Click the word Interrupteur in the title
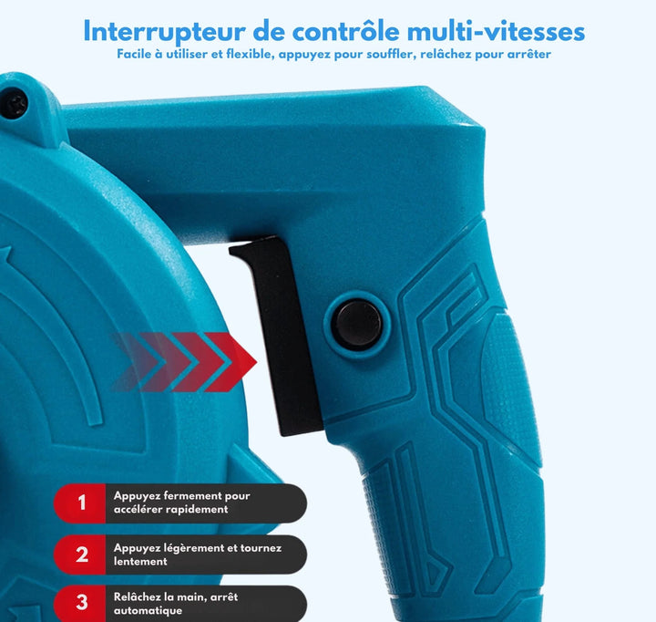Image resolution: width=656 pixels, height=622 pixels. pyautogui.click(x=164, y=32)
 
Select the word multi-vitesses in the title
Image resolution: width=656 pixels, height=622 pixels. pyautogui.click(x=496, y=31)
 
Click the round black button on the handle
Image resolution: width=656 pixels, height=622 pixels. pyautogui.click(x=356, y=324)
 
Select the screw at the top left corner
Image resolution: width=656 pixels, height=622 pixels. pyautogui.click(x=14, y=104)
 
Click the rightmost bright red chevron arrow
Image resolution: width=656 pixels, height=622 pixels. pyautogui.click(x=233, y=362)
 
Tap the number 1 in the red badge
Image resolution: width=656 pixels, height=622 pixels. pyautogui.click(x=82, y=503)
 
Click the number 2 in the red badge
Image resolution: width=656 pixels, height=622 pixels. pyautogui.click(x=82, y=555)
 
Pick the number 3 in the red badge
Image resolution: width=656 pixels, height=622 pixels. pyautogui.click(x=82, y=602)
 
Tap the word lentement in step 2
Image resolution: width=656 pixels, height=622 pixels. pyautogui.click(x=140, y=561)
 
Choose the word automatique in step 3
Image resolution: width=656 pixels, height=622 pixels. pyautogui.click(x=149, y=611)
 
